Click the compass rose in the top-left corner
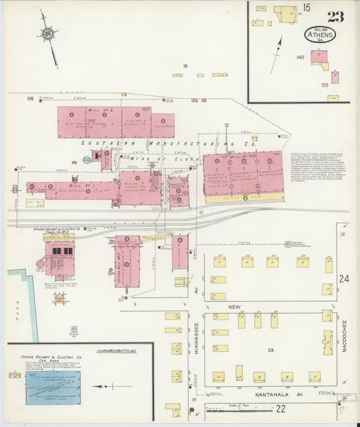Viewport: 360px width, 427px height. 48,33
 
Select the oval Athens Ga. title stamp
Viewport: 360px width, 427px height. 317,34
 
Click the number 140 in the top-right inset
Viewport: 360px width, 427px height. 301,57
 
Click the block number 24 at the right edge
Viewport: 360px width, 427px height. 344,279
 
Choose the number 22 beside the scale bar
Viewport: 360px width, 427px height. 280,408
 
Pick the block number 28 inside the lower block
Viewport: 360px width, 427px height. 271,349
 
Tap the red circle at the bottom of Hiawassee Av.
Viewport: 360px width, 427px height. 191,409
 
